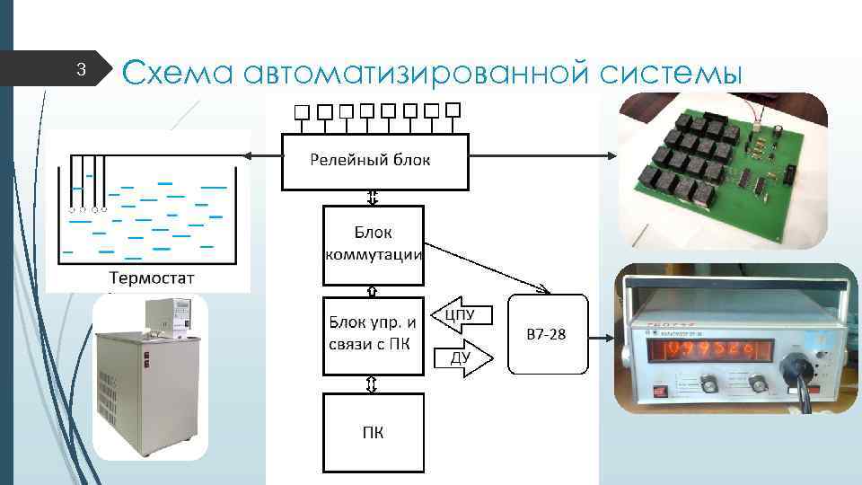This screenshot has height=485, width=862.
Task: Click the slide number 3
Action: tap(80, 70)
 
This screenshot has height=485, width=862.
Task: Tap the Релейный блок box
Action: tap(374, 162)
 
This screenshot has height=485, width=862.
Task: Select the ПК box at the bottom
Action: tap(373, 432)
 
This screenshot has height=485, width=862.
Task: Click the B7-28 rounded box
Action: tap(549, 334)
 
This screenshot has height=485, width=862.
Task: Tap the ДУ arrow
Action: tap(462, 358)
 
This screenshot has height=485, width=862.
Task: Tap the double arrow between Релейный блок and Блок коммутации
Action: tap(373, 198)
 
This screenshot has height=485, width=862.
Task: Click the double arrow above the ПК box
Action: tap(373, 384)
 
